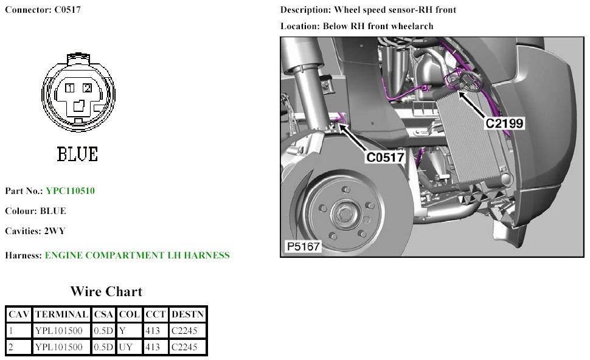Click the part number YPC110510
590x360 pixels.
tap(70, 191)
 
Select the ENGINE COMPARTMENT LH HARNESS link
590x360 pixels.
tap(137, 255)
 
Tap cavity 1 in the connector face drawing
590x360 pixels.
tap(71, 89)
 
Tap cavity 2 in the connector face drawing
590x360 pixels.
tap(87, 89)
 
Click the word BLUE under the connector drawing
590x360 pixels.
tap(77, 154)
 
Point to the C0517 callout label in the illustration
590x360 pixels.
tap(385, 157)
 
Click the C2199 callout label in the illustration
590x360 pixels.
tap(504, 123)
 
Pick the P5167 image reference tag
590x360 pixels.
tap(303, 247)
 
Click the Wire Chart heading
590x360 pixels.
tap(106, 291)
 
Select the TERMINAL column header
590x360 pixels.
tap(61, 314)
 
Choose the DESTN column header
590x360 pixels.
tap(188, 314)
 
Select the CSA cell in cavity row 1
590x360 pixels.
tap(103, 331)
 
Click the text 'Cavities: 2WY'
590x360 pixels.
tap(35, 231)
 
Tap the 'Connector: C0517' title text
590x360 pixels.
tap(43, 10)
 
